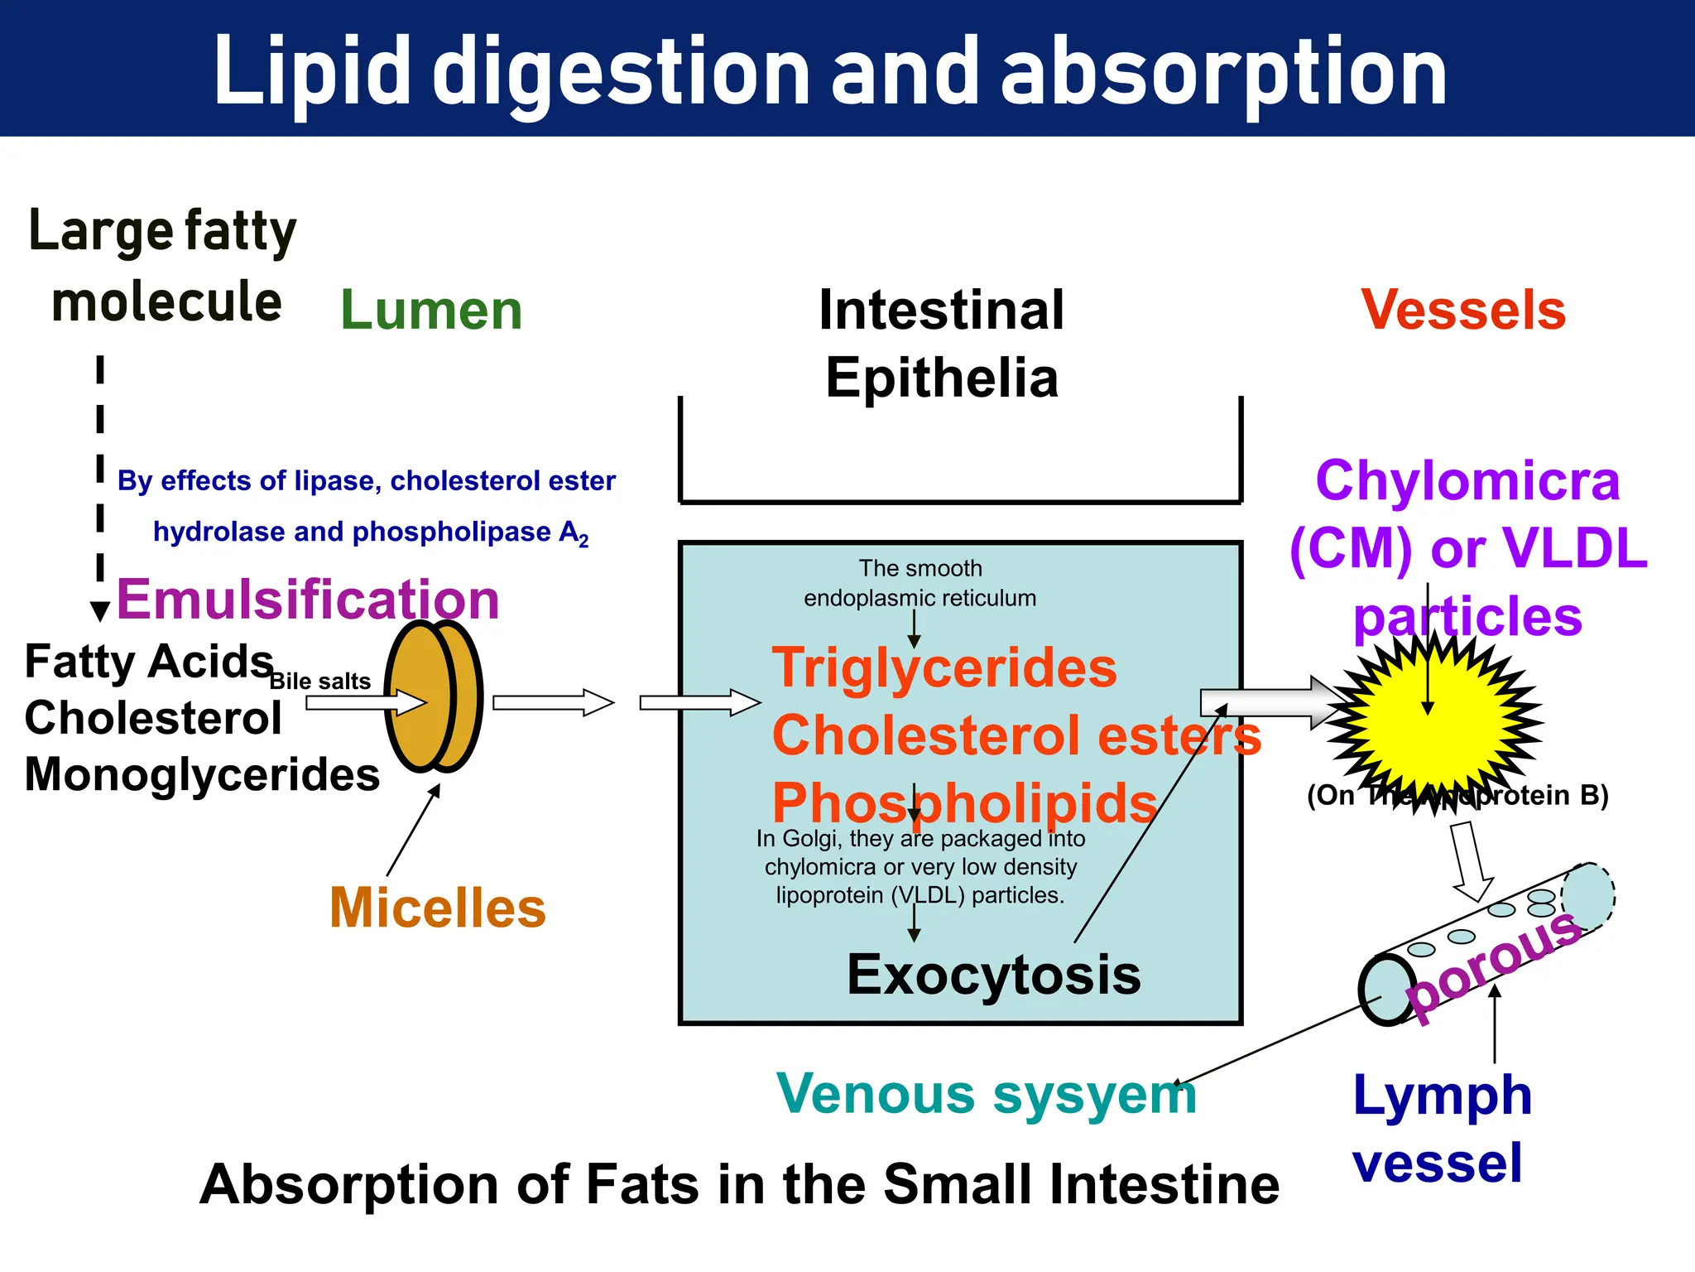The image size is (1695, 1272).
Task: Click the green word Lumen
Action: click(431, 311)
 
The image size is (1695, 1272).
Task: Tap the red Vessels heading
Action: click(1463, 311)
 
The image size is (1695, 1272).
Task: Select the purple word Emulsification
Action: click(308, 599)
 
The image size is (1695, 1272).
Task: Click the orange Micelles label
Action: click(438, 908)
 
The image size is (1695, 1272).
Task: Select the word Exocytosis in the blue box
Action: click(993, 975)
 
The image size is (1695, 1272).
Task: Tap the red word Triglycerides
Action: click(944, 667)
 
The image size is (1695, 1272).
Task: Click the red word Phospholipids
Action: click(964, 803)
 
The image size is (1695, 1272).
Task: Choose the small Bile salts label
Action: click(320, 682)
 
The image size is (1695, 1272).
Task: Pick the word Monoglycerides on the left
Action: click(202, 775)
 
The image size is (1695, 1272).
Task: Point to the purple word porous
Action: click(1495, 965)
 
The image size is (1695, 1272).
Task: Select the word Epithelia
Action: click(942, 378)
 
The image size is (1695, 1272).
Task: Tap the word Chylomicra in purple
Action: click(1467, 481)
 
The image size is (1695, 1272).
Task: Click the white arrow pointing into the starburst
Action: click(1266, 703)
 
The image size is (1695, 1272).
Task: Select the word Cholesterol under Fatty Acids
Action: click(153, 718)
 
